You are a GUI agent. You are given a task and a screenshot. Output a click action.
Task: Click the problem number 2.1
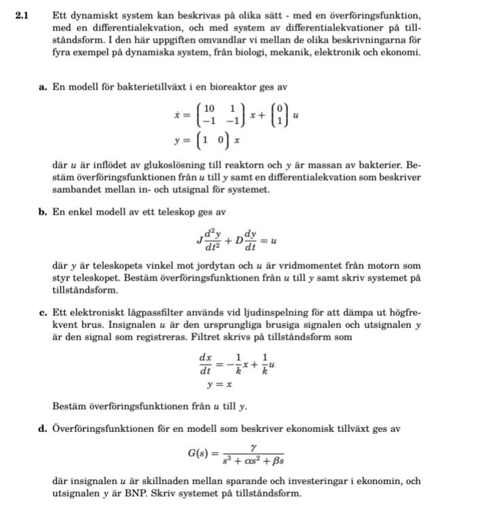(21, 15)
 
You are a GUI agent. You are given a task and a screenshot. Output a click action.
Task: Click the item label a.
(43, 87)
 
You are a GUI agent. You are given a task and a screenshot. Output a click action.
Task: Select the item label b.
(43, 212)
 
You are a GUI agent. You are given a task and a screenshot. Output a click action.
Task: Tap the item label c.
(43, 312)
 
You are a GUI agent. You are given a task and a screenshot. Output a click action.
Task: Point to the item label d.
(43, 429)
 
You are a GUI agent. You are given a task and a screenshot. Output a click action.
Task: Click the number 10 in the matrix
(209, 109)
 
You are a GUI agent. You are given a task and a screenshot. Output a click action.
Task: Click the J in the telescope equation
(199, 240)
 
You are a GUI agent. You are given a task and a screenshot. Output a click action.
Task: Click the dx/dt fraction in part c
(205, 363)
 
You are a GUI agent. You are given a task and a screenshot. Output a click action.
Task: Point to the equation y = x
(221, 386)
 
